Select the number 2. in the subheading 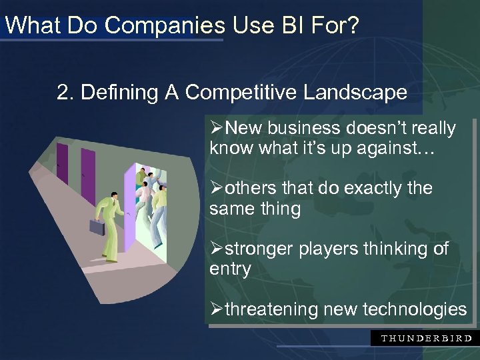pos(66,93)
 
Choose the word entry pos(230,269)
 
